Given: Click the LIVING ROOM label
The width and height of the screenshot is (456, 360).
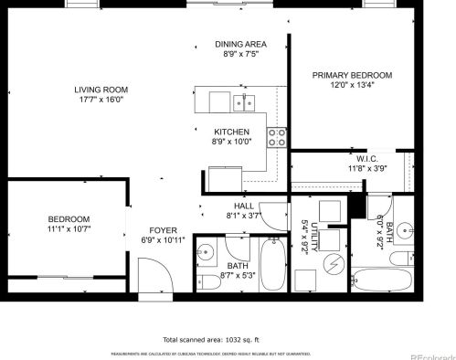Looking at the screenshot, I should [101, 90].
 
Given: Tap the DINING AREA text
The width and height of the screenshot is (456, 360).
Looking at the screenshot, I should [240, 44].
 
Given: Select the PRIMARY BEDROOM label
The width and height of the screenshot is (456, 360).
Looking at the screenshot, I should [352, 75].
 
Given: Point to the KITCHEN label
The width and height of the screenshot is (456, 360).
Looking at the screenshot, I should [231, 132].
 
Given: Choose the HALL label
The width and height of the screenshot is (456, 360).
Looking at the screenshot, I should [243, 206].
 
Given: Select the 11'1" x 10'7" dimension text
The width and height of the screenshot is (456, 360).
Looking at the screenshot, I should [69, 229].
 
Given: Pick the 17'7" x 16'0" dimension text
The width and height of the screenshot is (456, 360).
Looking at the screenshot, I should [101, 101].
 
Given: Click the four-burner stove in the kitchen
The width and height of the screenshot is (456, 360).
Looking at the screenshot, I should [277, 137].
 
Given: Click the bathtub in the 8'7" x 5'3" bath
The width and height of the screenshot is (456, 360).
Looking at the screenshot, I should [273, 264].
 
